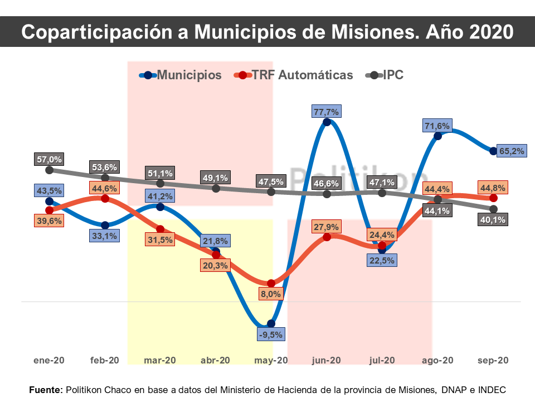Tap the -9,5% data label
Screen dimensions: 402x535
click(x=271, y=335)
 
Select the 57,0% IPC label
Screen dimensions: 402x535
click(x=49, y=159)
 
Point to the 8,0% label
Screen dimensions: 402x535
click(x=271, y=294)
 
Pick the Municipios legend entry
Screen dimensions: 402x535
click(x=181, y=75)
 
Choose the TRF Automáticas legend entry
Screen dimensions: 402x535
click(x=294, y=75)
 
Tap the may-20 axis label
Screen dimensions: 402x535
click(x=271, y=360)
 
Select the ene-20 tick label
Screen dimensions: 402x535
click(x=49, y=360)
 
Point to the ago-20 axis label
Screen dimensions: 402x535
click(x=437, y=360)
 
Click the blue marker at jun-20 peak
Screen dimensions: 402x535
click(x=327, y=122)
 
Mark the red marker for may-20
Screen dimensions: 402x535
click(x=271, y=284)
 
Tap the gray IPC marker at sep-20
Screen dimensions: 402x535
click(x=493, y=209)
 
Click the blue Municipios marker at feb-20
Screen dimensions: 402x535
click(x=105, y=226)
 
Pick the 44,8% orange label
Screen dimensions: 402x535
click(x=493, y=187)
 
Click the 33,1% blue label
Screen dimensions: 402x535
click(x=105, y=236)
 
